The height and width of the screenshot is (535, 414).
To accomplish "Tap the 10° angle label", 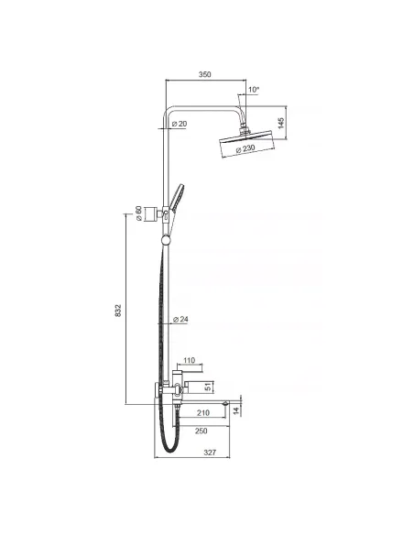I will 254,89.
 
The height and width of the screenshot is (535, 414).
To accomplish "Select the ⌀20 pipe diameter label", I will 180,124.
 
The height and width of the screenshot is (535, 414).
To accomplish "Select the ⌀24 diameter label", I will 181,320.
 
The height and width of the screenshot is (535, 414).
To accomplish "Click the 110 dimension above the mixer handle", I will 190,360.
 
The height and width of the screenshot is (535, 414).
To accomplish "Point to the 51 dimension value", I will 207,386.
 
